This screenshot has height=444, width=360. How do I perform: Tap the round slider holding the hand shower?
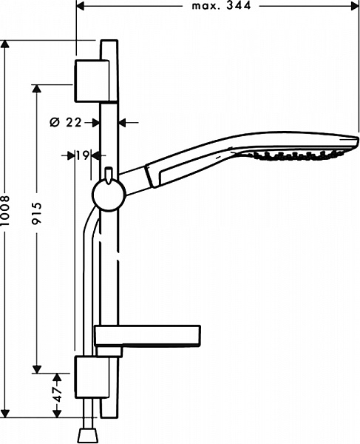click(x=106, y=197)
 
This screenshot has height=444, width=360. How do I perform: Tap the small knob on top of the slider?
click(x=108, y=175)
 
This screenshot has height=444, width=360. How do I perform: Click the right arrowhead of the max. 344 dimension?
click(x=355, y=5)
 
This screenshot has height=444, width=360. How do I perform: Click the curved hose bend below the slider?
click(x=89, y=226)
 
